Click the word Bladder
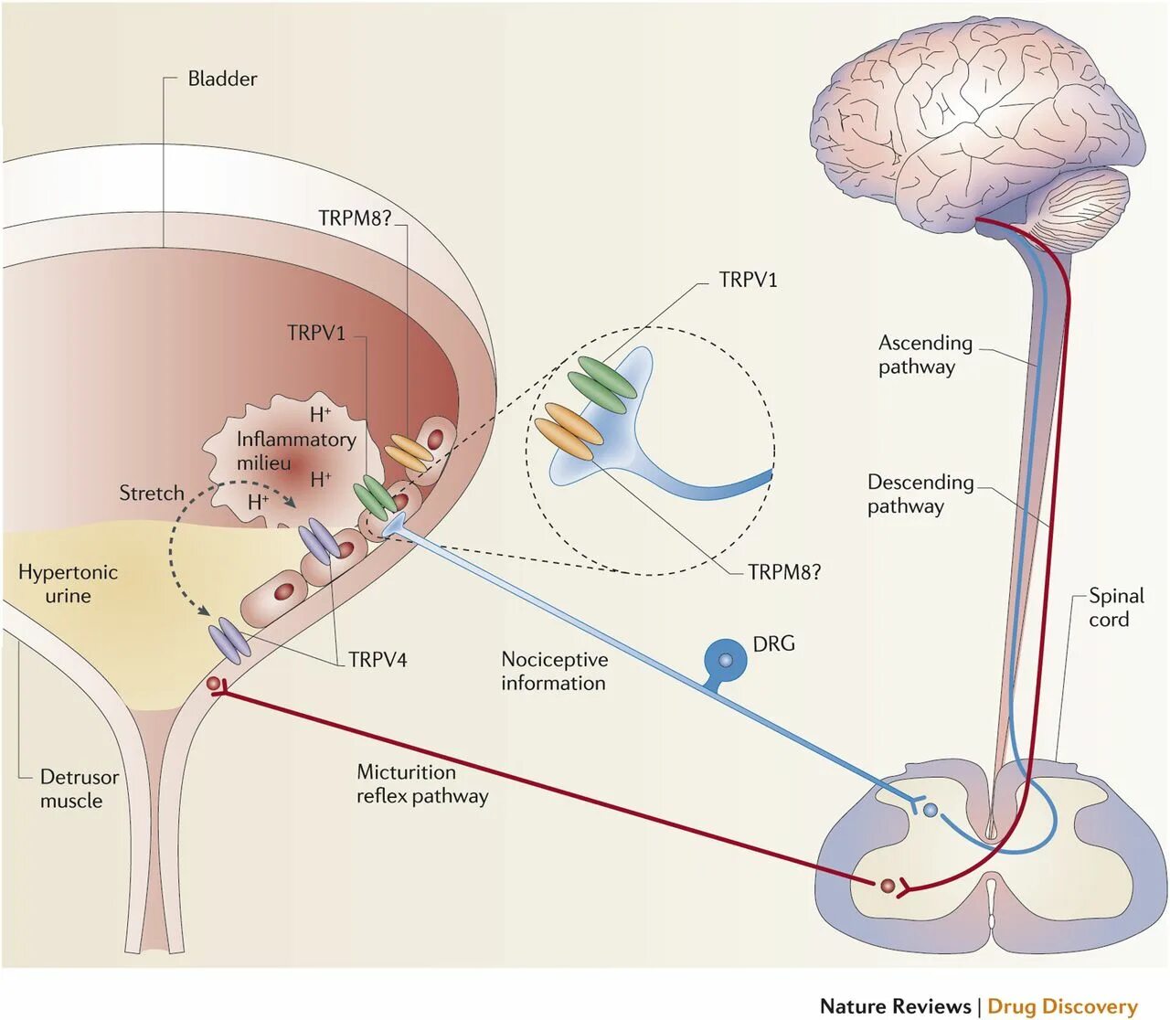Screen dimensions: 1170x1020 click(222, 79)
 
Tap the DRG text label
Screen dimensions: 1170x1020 click(773, 643)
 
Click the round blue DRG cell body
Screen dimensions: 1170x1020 click(725, 661)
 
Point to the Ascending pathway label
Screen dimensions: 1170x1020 click(925, 355)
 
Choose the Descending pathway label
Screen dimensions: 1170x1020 click(920, 494)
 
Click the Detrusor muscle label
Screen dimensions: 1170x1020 click(80, 789)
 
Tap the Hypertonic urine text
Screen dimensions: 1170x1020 click(68, 584)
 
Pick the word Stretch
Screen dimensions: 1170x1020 click(152, 493)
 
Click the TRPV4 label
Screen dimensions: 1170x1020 click(378, 660)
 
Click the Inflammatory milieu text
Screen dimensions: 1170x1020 click(296, 451)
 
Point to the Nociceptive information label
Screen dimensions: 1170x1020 click(554, 671)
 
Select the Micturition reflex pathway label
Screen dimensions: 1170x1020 click(422, 784)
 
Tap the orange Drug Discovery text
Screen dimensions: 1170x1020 click(1062, 990)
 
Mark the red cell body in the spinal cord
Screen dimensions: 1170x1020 click(887, 886)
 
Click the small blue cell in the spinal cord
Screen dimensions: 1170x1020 click(931, 810)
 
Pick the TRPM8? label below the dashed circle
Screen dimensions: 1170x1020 click(784, 572)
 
